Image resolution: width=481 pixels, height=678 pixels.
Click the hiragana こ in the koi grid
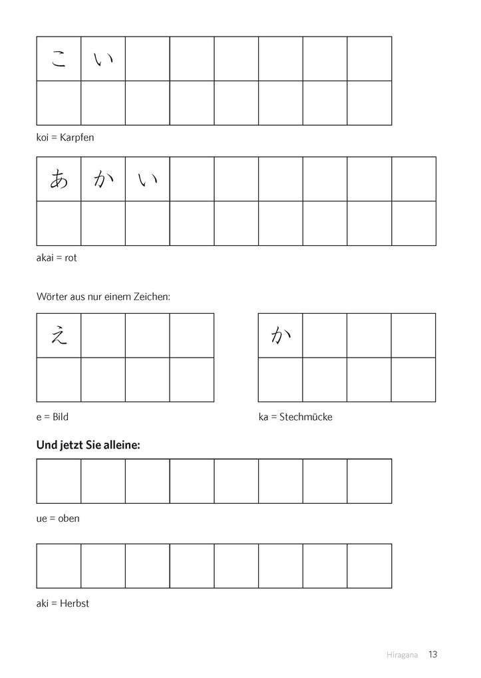[59, 60]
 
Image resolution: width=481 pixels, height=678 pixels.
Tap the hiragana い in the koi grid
[103, 60]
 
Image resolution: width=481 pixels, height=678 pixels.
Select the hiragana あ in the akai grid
[59, 179]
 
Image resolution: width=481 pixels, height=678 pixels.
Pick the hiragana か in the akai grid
[103, 179]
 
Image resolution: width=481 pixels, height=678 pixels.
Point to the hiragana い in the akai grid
[147, 179]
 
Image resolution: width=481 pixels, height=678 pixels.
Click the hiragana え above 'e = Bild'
[59, 336]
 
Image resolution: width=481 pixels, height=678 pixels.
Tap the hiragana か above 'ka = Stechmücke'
[280, 336]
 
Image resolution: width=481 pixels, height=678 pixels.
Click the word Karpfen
[77, 138]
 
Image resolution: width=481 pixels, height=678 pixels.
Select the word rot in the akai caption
[70, 258]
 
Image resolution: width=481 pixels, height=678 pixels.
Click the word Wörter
[52, 296]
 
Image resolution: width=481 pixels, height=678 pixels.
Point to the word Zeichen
[152, 296]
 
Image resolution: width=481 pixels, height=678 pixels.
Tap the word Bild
[61, 417]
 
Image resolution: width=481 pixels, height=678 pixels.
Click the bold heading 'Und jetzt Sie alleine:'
[88, 446]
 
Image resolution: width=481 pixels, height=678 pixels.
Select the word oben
[69, 518]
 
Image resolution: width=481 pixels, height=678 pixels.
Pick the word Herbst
[74, 604]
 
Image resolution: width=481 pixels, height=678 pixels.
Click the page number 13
[433, 655]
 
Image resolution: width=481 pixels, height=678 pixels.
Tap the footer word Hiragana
[402, 655]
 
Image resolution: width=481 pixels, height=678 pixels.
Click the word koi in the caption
[43, 138]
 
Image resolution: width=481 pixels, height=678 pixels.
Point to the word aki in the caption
[43, 604]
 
